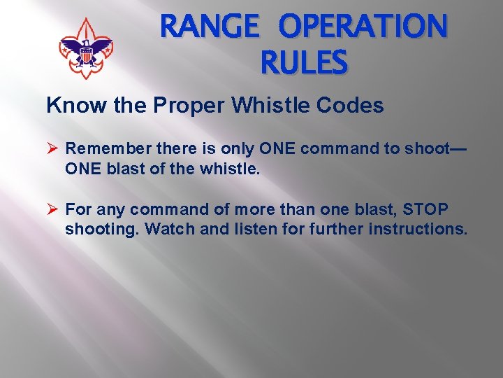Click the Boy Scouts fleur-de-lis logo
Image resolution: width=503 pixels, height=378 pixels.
[86, 48]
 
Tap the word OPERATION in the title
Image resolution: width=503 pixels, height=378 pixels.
[363, 28]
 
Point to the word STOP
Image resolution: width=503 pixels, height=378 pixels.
[425, 209]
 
